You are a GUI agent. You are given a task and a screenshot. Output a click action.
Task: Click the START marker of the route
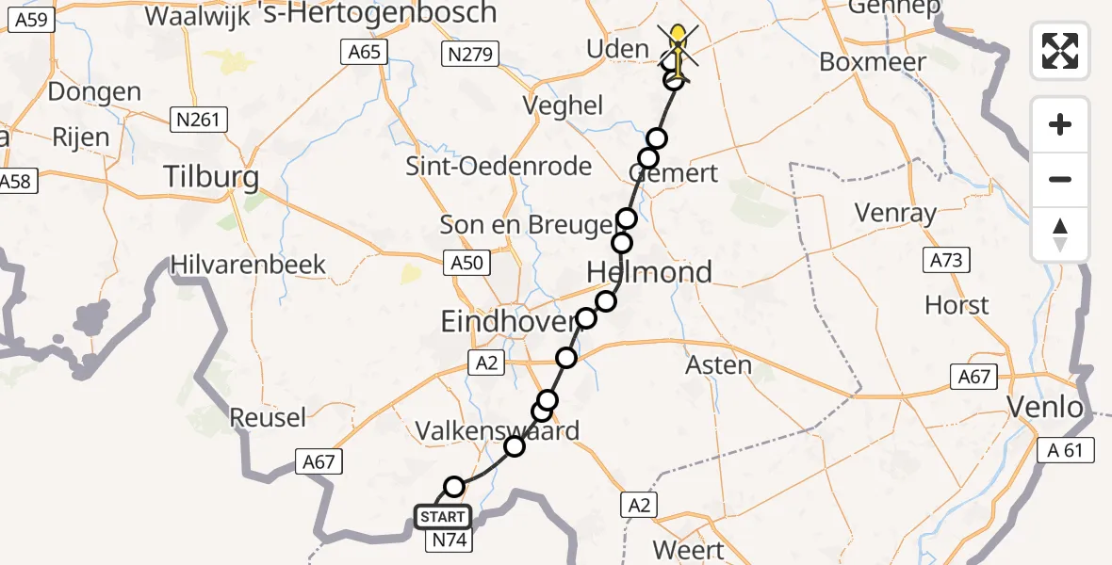pos(442,517)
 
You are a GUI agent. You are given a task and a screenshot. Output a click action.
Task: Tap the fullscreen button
pos(1060,51)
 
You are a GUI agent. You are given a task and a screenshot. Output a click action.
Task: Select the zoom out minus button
pos(1060,179)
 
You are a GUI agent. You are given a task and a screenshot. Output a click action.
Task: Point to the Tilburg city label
pos(211,176)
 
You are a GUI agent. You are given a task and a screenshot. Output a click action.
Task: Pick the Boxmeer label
pos(873,62)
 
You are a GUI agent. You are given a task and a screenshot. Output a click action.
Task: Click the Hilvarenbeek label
pos(249,265)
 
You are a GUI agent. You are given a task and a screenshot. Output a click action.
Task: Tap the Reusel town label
pos(269,416)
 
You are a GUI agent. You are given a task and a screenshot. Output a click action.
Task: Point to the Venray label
pos(895,213)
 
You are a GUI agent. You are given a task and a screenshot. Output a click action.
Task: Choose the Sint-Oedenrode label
pos(499,167)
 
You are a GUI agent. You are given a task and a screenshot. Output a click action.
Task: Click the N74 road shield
pos(450,541)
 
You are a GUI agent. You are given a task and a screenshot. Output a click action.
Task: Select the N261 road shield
pos(195,120)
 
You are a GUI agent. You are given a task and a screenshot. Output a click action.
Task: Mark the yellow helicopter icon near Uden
pos(677,47)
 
